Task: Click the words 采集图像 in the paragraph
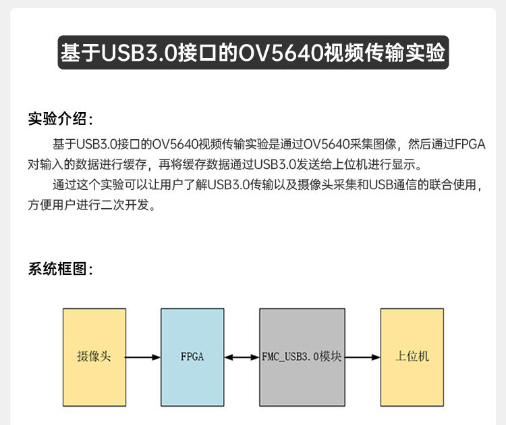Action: tap(372, 144)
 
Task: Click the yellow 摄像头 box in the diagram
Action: tap(94, 357)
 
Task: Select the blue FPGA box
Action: tap(192, 357)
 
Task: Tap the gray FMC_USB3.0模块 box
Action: tap(301, 357)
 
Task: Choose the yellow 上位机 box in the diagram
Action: tap(412, 357)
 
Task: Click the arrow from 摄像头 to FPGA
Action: tap(143, 357)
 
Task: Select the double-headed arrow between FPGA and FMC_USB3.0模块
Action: tap(242, 357)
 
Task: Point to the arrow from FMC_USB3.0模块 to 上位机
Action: tap(362, 357)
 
